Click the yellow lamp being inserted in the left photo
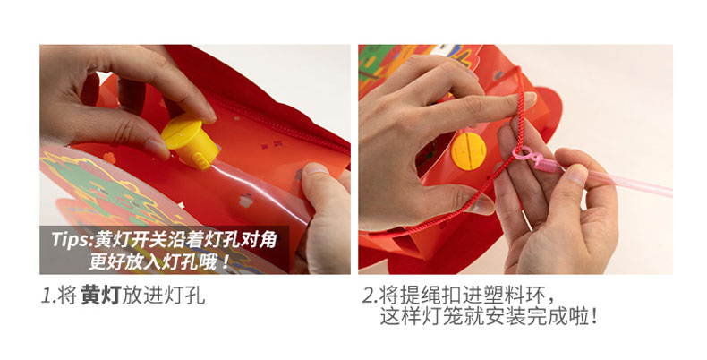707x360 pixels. pyautogui.click(x=191, y=141)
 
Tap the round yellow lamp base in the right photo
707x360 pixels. pyautogui.click(x=469, y=151)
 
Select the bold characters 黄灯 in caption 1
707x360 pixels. pyautogui.click(x=101, y=296)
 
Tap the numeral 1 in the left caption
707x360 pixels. pyautogui.click(x=46, y=296)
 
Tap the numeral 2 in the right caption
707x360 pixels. pyautogui.click(x=369, y=296)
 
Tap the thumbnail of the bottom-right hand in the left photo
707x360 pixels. pyautogui.click(x=316, y=168)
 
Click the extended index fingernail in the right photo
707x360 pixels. pyautogui.click(x=530, y=98)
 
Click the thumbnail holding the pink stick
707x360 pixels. pyautogui.click(x=577, y=174)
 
